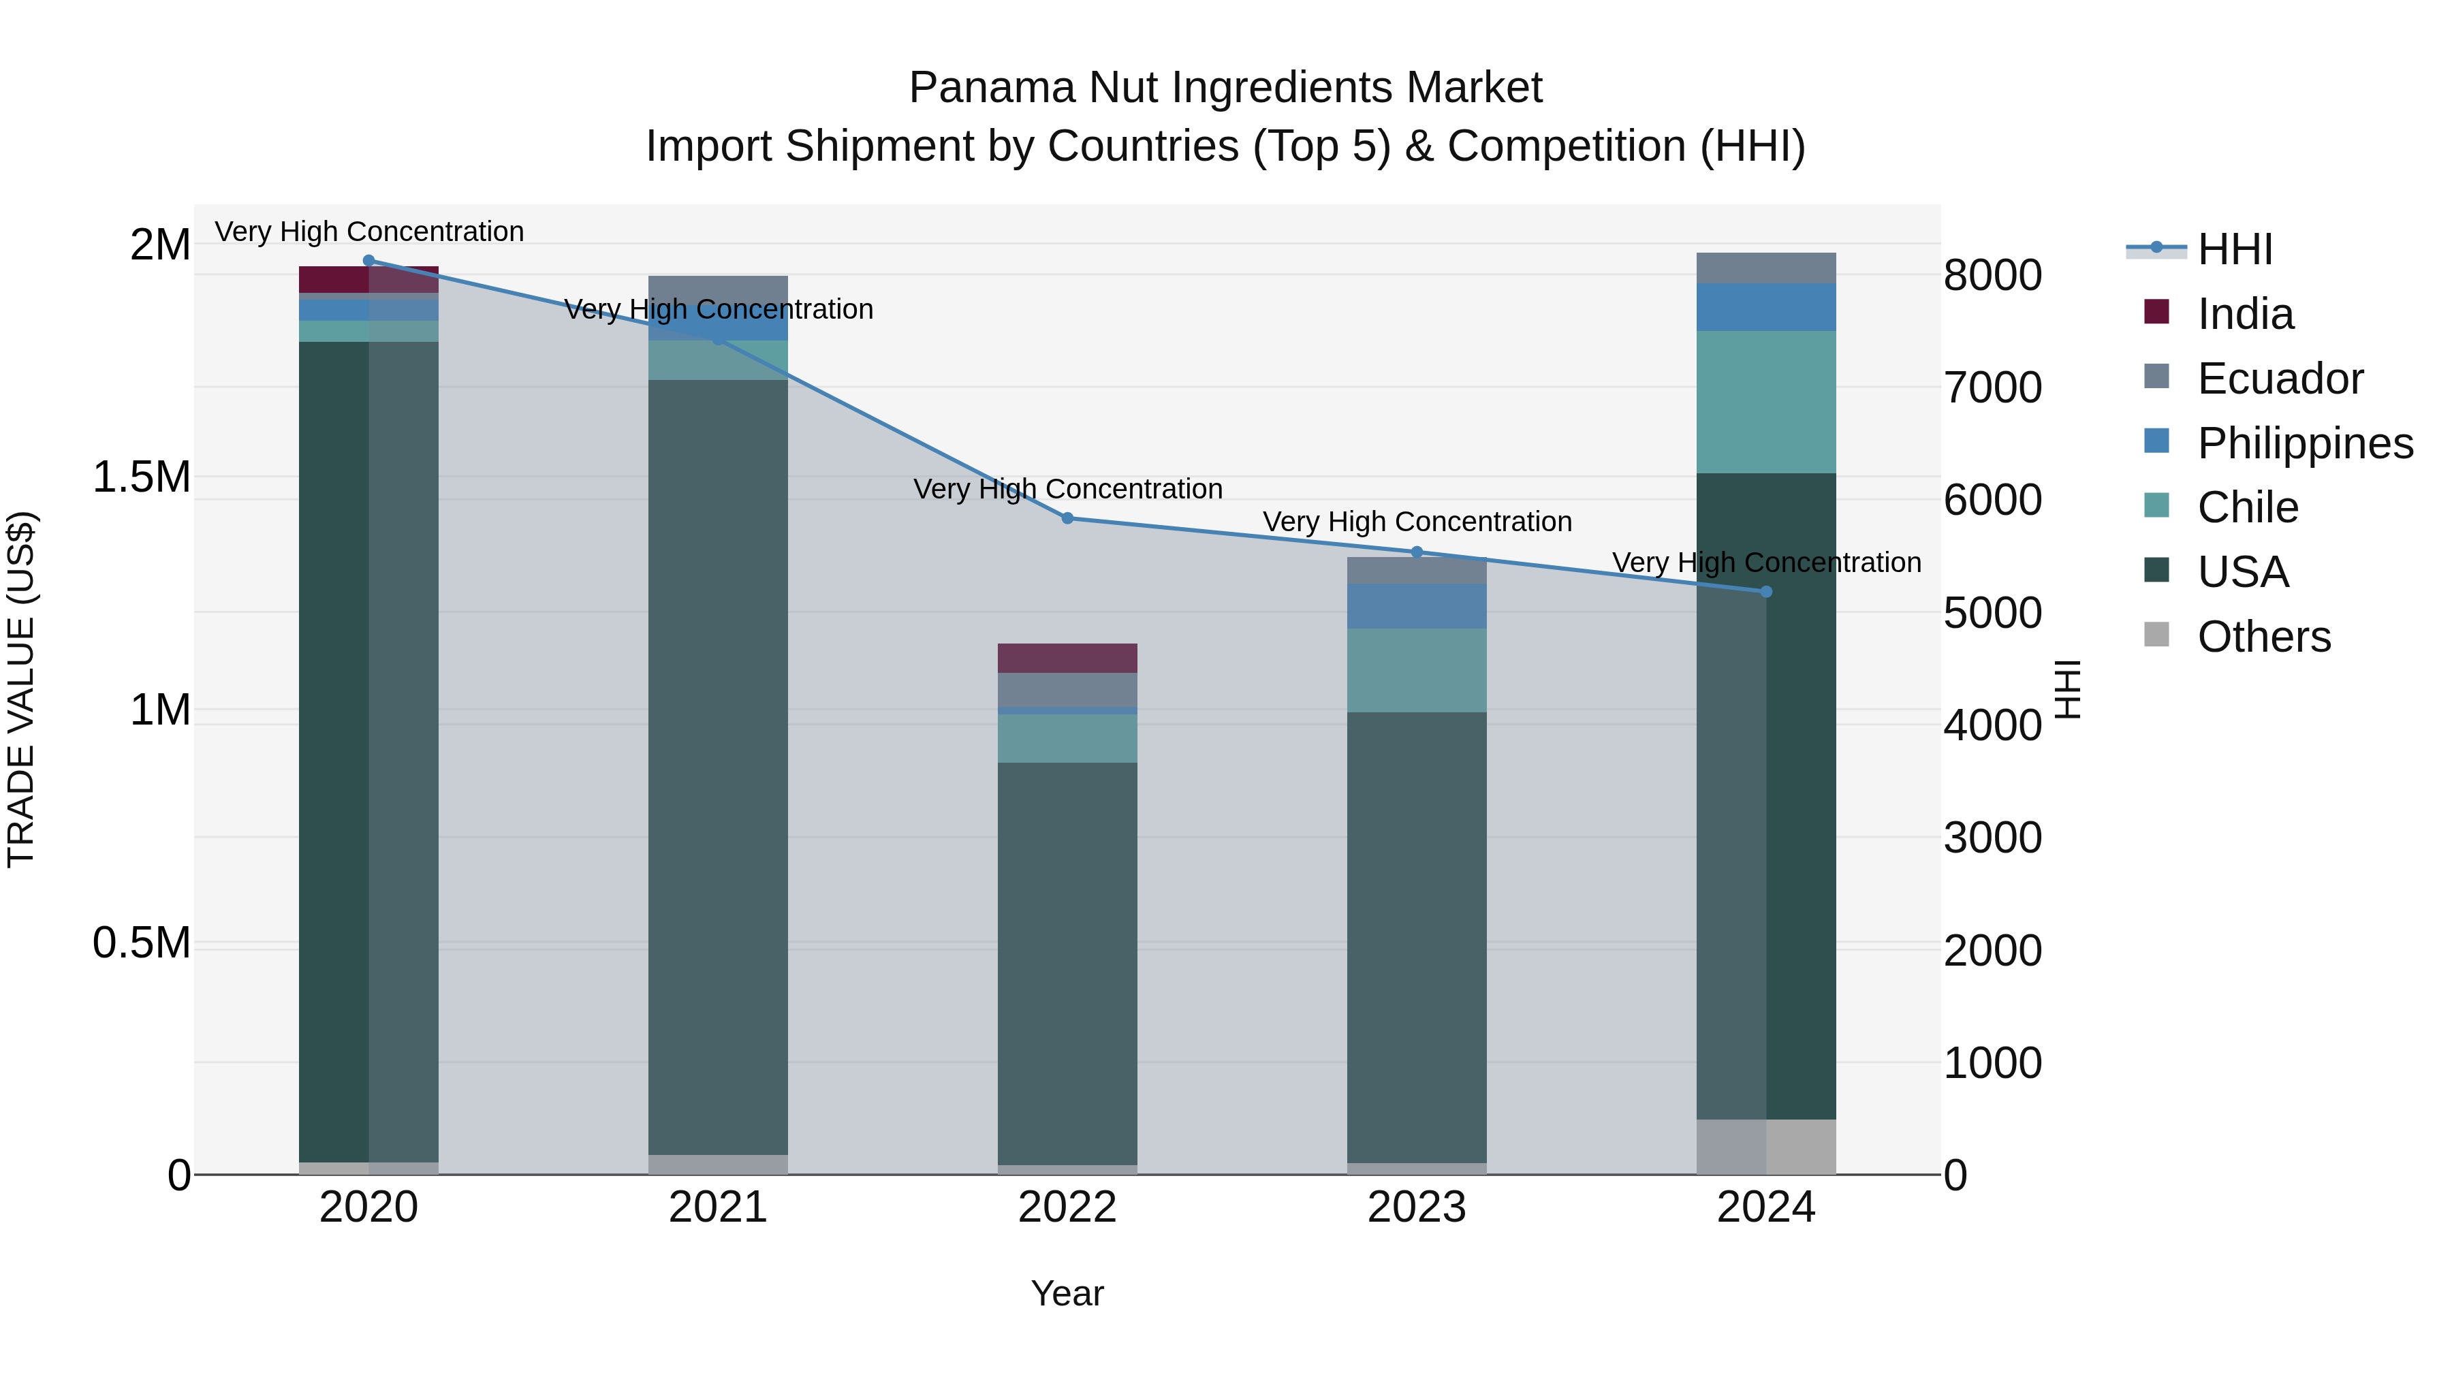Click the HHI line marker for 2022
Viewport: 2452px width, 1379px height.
(x=1067, y=519)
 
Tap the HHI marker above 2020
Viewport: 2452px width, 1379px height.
(x=369, y=261)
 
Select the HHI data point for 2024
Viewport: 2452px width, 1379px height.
(x=1765, y=592)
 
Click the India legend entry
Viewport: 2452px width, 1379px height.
(x=2244, y=314)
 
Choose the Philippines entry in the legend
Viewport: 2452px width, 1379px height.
(x=2304, y=443)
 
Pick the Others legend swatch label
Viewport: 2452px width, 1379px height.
(x=2263, y=637)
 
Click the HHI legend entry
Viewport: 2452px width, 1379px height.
(x=2234, y=249)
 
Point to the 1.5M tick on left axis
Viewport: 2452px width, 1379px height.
(x=141, y=477)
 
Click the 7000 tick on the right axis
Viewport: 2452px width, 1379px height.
(x=1992, y=387)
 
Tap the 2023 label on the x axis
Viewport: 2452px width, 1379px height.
(x=1417, y=1207)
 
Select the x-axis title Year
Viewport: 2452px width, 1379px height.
(x=1067, y=1293)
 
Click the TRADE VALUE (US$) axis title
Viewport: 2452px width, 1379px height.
(x=21, y=689)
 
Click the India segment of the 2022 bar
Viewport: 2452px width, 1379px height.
(x=1067, y=659)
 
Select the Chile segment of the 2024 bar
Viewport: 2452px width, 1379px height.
(x=1765, y=402)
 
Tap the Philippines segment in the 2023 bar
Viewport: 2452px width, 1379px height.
(x=1417, y=606)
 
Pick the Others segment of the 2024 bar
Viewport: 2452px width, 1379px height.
(x=1765, y=1146)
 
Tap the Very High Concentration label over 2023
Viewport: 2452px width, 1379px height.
(x=1417, y=522)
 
